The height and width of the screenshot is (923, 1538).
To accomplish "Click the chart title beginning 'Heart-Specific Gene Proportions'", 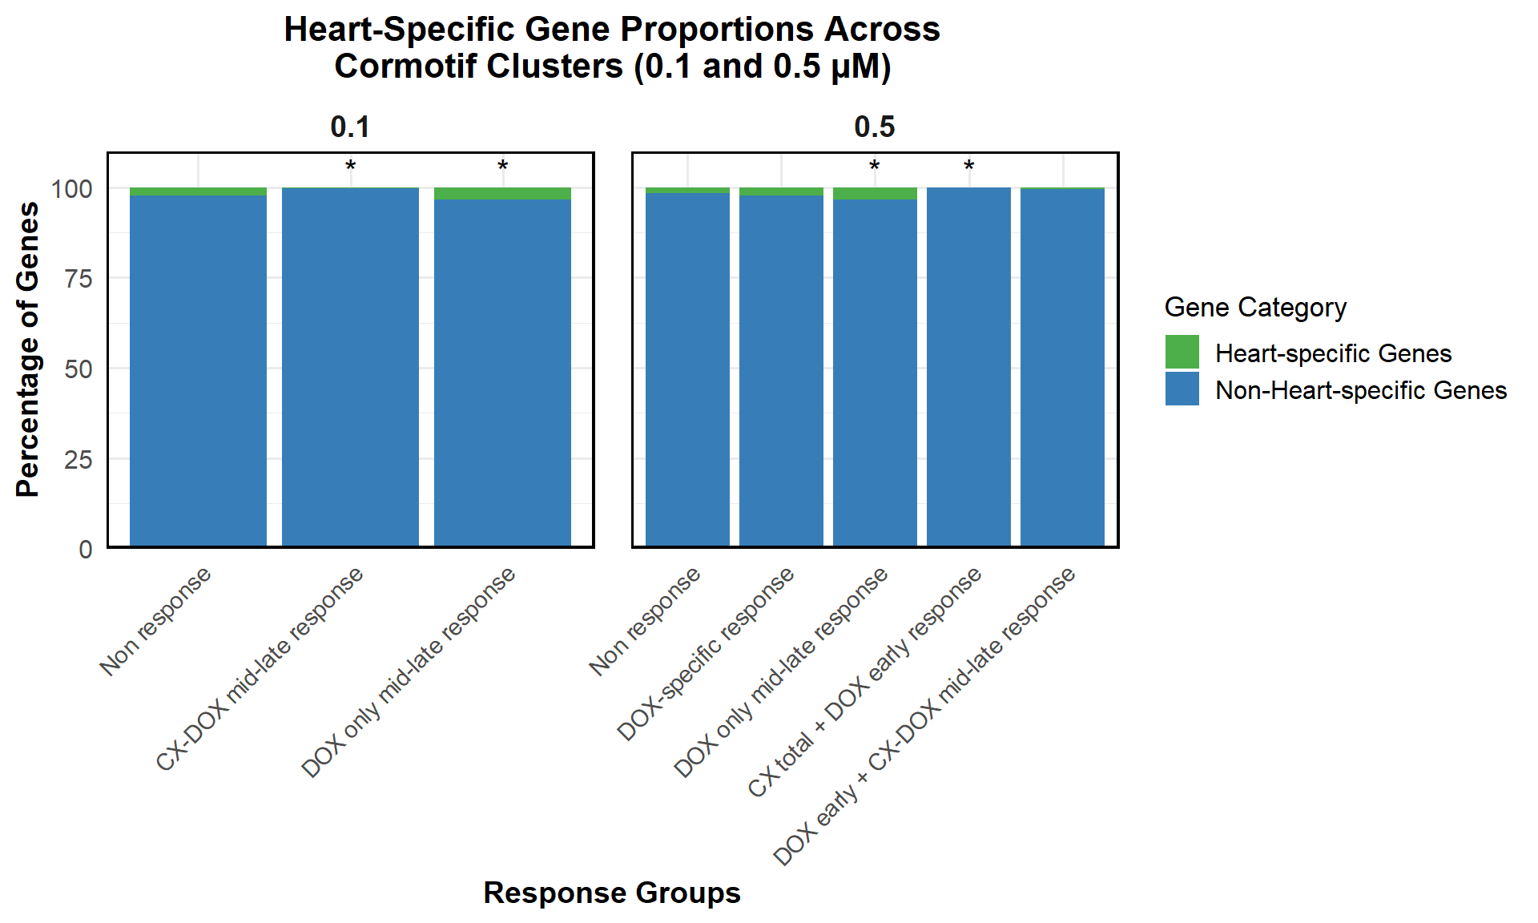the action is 612,47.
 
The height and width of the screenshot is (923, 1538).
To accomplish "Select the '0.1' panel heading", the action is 350,127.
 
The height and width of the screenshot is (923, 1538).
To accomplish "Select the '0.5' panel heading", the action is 875,127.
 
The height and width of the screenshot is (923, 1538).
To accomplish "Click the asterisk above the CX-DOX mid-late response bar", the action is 350,167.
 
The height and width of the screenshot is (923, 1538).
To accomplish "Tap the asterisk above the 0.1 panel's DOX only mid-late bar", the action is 502,167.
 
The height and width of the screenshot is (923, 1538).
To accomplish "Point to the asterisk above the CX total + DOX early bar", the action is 968,167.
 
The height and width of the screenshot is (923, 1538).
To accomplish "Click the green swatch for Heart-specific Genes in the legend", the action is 1182,352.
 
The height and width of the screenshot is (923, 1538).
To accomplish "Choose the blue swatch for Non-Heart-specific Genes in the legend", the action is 1182,389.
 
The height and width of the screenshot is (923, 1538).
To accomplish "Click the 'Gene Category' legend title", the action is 1255,307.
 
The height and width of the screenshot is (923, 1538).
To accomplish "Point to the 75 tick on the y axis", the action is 79,279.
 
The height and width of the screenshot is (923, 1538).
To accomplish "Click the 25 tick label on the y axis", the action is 79,459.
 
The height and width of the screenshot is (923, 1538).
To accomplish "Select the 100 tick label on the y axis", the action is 72,189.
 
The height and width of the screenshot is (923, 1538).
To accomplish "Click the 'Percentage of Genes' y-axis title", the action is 27,349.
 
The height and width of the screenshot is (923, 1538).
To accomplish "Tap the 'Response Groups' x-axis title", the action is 612,893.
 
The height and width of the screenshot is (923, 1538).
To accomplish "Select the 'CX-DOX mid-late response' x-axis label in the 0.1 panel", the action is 260,669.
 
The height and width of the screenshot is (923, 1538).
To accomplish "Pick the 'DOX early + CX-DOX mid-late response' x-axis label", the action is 924,716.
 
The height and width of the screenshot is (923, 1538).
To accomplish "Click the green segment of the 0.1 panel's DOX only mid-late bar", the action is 502,194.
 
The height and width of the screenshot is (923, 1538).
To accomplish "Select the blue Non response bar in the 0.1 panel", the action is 198,371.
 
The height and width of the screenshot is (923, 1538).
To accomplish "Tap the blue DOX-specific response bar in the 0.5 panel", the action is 781,371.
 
